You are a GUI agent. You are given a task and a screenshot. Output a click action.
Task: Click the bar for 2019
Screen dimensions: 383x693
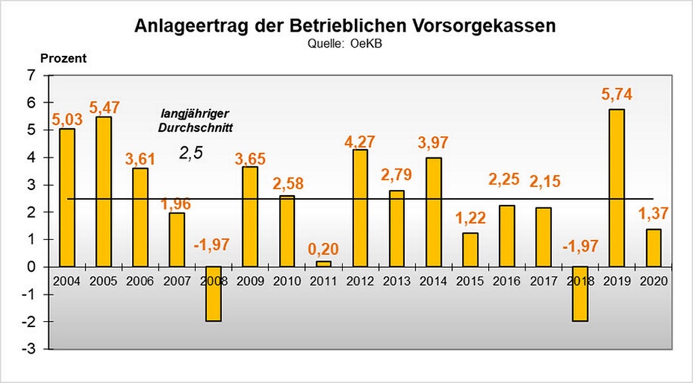click(616, 188)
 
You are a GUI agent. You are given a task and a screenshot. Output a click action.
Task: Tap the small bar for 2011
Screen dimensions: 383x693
click(324, 264)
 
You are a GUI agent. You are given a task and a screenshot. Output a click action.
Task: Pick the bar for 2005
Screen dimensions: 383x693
click(104, 191)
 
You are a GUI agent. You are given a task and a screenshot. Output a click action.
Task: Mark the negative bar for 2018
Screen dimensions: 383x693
click(580, 293)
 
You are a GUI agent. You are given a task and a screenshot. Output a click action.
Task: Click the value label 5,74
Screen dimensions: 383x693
click(616, 95)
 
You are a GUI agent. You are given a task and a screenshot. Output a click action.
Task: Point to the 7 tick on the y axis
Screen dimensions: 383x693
click(30, 75)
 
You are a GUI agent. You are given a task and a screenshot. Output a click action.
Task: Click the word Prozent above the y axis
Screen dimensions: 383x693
click(63, 58)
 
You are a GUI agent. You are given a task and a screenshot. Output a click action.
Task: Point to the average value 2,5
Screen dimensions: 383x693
click(191, 153)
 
